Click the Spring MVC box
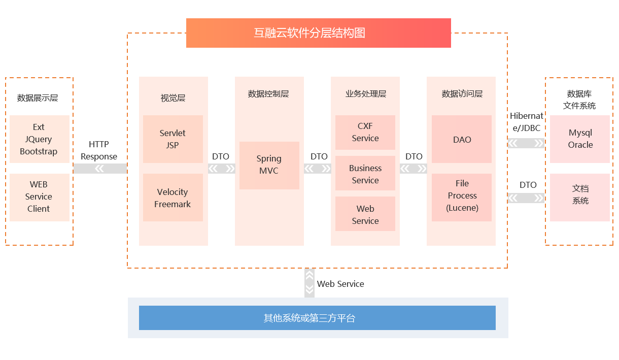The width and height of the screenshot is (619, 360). [x=269, y=165]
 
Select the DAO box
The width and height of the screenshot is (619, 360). [x=462, y=139]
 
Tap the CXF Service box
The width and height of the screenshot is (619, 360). [x=365, y=132]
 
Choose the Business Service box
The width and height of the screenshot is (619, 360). [x=365, y=174]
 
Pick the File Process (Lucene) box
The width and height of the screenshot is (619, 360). [x=462, y=197]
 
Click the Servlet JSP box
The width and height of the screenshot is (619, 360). [x=173, y=139]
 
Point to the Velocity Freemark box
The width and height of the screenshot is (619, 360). [x=173, y=198]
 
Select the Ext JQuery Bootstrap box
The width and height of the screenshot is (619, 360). [x=39, y=139]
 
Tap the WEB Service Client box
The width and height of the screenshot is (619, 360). [x=39, y=197]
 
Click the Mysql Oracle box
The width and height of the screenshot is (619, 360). [x=580, y=139]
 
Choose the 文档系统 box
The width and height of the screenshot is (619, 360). [x=580, y=197]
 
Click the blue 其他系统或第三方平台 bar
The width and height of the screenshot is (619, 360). [x=317, y=318]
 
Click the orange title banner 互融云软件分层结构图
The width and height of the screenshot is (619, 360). [x=318, y=33]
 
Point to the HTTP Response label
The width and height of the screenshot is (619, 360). [x=99, y=150]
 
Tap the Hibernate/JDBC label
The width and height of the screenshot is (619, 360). [x=526, y=122]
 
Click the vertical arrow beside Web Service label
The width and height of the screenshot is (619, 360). [x=309, y=283]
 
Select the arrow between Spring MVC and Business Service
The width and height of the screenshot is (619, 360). [x=317, y=169]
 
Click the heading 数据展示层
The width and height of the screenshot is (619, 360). [x=38, y=97]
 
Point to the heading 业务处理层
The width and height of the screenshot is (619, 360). [x=366, y=93]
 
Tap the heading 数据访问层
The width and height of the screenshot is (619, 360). [x=462, y=93]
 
